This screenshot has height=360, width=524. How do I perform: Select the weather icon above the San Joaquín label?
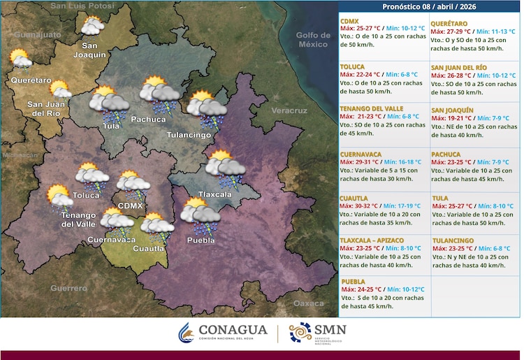[x=92, y=27]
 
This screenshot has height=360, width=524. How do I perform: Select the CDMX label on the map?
[x=131, y=206]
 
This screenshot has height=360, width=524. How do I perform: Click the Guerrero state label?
[x=68, y=288]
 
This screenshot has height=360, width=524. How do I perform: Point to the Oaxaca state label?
[x=308, y=303]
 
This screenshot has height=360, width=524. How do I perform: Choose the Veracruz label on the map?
[x=289, y=111]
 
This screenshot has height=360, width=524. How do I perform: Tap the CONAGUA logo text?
[x=233, y=330]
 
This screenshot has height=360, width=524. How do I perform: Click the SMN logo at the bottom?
[x=318, y=333]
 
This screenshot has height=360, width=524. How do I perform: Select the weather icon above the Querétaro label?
[x=20, y=60]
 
